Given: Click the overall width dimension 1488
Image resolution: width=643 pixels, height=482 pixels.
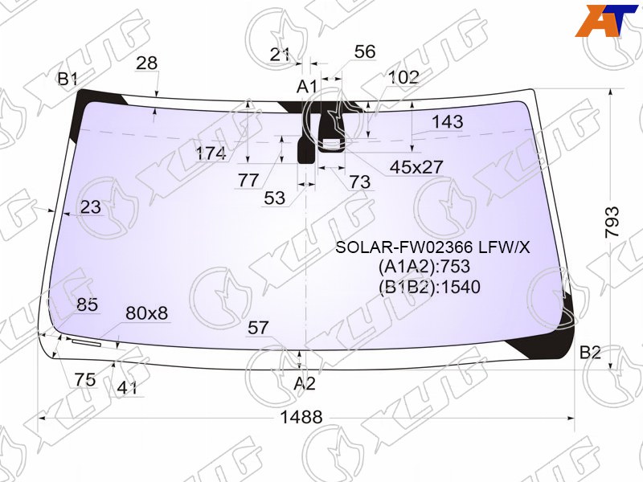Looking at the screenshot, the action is click(301, 417).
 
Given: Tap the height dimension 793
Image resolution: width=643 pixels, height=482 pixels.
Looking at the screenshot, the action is click(612, 223).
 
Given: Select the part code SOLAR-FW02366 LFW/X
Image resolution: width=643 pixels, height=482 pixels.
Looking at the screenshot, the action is click(432, 247).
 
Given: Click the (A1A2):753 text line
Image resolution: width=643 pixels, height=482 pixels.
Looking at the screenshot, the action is click(424, 267).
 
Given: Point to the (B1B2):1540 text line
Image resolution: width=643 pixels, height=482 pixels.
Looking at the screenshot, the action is click(429, 287).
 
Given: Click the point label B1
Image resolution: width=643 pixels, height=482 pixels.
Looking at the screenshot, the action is click(68, 79).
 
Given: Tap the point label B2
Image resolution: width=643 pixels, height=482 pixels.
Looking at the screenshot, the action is click(590, 352).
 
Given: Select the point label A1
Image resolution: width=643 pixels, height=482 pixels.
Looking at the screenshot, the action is click(307, 87).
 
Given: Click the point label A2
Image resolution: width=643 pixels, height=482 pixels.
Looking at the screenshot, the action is click(305, 384).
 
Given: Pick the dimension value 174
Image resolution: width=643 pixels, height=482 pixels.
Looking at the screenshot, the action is click(211, 153).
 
